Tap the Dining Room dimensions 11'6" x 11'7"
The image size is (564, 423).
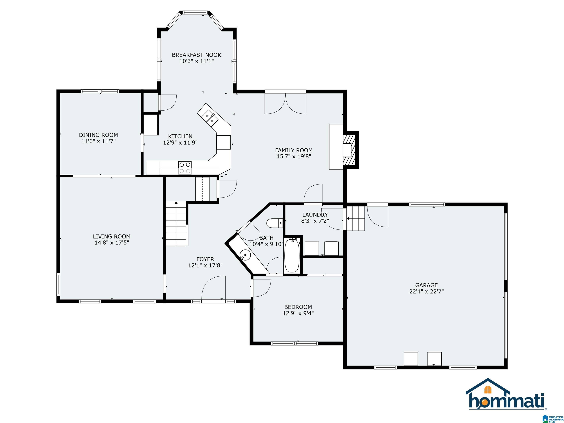98,141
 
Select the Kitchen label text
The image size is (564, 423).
180,136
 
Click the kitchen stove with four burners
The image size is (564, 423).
185,168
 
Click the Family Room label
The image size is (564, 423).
294,150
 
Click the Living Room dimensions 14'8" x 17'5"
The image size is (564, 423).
112,243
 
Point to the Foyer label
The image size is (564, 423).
205,259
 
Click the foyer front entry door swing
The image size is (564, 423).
214,288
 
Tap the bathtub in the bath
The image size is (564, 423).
292,255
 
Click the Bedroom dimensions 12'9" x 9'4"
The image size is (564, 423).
298,313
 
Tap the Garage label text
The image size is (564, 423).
426,285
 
